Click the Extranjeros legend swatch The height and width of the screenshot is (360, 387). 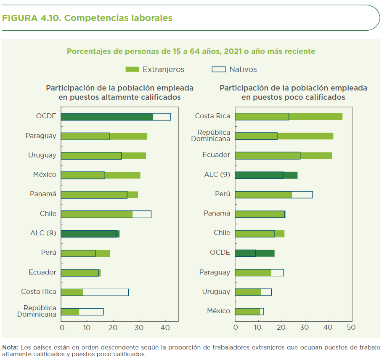click(x=133, y=69)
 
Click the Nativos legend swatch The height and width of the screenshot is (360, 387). click(x=218, y=69)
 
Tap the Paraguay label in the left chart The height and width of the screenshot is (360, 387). click(x=41, y=136)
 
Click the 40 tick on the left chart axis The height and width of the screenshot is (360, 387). click(x=165, y=327)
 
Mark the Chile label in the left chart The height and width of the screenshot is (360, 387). click(x=48, y=214)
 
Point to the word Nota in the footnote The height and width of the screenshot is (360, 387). click(x=10, y=347)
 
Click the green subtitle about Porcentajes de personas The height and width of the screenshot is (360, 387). click(x=191, y=51)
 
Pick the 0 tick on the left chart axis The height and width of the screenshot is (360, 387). click(x=62, y=327)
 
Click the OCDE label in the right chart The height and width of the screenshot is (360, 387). click(x=220, y=253)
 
